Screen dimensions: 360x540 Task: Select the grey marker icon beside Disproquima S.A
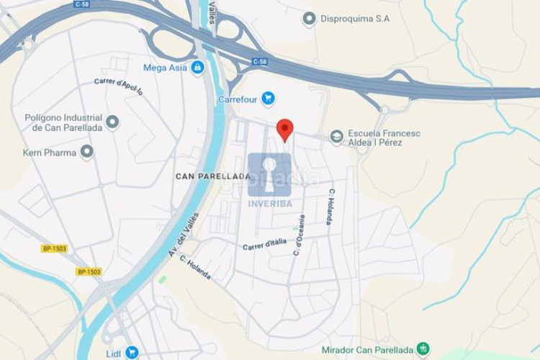pos(310,19)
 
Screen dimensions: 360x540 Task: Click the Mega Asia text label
pos(165,68)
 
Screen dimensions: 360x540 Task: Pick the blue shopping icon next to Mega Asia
pos(197,68)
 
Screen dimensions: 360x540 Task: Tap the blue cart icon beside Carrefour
pos(269,98)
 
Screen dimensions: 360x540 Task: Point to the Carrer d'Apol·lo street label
pos(119,86)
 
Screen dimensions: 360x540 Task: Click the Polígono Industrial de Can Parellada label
pos(63,122)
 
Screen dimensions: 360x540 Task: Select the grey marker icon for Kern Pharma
pos(87,152)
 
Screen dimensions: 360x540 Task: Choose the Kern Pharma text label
pos(49,153)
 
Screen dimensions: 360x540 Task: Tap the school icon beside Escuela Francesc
pos(336,137)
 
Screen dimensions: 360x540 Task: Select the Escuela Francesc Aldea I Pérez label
pos(384,138)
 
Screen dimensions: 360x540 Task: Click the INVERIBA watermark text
pos(269,204)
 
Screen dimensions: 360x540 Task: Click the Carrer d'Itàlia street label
pos(264,245)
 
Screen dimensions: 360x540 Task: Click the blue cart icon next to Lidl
pos(131,352)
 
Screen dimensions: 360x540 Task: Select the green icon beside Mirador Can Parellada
pos(423,350)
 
